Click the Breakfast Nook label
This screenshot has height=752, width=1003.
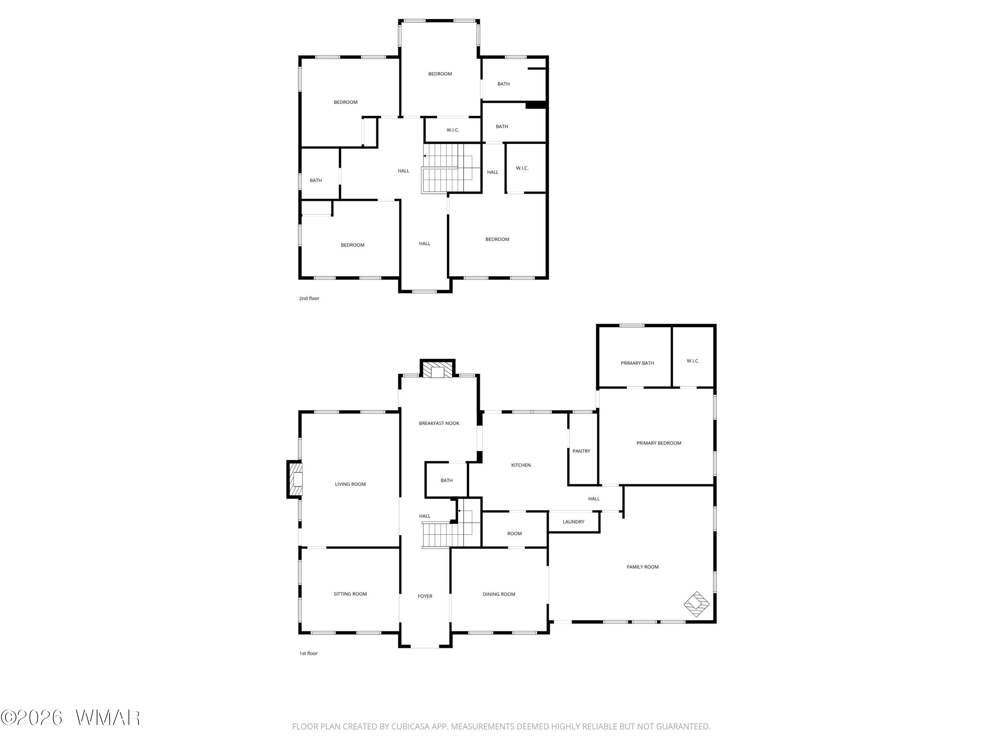[x=439, y=423]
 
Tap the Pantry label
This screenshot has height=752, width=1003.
[x=581, y=451]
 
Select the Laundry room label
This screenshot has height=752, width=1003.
[x=574, y=522]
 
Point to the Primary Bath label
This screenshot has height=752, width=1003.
[x=637, y=363]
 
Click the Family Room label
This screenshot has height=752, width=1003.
[x=643, y=567]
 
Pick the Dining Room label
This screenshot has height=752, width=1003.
[x=499, y=594]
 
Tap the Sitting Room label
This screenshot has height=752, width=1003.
[x=350, y=594]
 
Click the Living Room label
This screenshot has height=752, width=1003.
[x=350, y=484]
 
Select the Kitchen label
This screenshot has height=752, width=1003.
[x=521, y=465]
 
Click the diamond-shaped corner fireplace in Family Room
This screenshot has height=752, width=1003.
[x=696, y=604]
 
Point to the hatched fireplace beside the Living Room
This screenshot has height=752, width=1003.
[x=295, y=480]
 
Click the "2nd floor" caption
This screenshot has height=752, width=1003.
[x=309, y=298]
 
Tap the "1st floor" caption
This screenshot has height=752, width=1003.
[x=308, y=653]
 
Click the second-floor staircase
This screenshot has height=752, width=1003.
[x=451, y=168]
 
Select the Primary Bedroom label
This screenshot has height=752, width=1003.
[x=658, y=443]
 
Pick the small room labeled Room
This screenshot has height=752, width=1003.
[x=514, y=533]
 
